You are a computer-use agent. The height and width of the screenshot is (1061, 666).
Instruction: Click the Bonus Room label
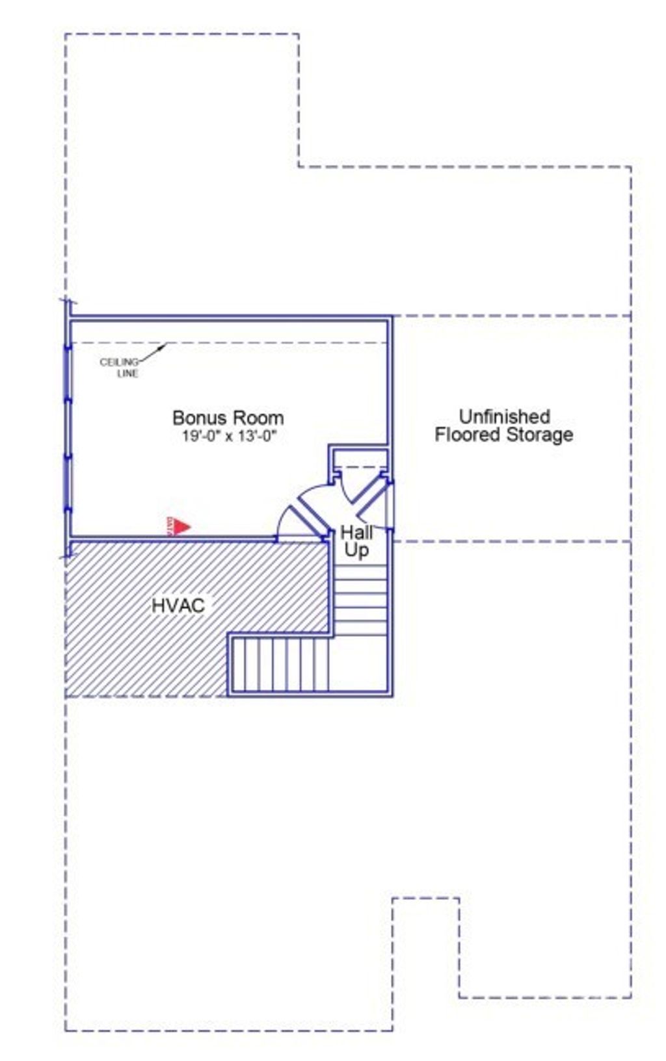point(228,417)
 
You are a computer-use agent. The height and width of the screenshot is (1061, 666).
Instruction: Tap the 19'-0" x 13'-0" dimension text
point(229,436)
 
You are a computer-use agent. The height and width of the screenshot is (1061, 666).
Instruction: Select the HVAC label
point(178,606)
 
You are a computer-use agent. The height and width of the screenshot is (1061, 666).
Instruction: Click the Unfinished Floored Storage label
point(503,426)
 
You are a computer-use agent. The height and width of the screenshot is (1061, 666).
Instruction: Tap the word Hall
point(356,533)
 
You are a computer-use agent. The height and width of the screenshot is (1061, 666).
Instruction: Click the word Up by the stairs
point(356,550)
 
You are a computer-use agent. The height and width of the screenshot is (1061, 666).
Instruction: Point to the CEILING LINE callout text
point(121,368)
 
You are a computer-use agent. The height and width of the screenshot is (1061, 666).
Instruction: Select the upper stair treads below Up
point(362,598)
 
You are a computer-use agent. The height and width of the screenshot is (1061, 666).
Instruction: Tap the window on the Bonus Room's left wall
point(68,429)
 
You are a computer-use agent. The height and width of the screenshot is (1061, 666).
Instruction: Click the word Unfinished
point(504,416)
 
